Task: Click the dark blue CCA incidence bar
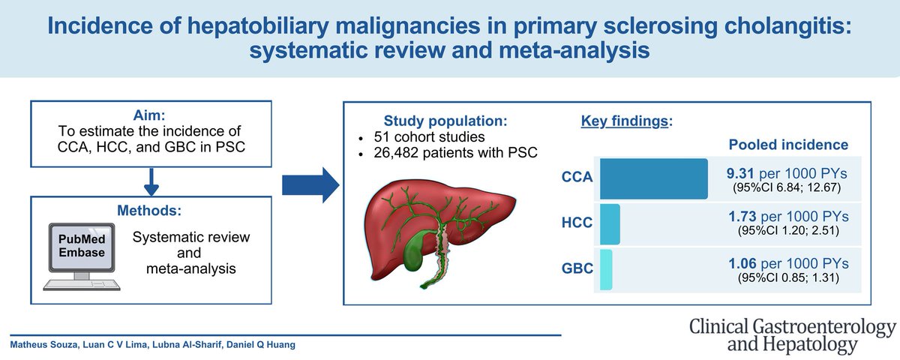pos(653,178)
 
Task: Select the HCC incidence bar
pos(610,224)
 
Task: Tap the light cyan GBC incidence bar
pos(606,271)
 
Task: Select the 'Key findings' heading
pos(625,121)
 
